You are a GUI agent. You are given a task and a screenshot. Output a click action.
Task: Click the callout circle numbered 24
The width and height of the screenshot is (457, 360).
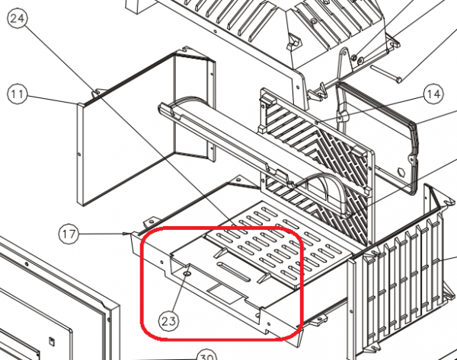17,18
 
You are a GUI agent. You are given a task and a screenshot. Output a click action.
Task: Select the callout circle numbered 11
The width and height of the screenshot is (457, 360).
17,94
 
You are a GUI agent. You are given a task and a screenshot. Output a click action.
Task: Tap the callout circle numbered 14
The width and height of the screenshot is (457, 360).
433,94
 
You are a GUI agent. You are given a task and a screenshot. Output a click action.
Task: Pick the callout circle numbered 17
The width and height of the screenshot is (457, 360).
69,234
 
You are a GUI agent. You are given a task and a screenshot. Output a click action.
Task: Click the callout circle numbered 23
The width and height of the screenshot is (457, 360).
168,321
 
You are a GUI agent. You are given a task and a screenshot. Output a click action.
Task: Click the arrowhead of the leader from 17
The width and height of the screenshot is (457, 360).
127,234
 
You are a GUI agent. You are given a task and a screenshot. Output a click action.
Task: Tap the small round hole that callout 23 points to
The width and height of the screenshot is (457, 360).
187,274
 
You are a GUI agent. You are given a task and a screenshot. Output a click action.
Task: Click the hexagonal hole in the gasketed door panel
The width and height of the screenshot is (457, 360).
401,172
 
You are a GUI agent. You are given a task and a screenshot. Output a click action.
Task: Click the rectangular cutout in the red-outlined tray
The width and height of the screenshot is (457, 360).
225,293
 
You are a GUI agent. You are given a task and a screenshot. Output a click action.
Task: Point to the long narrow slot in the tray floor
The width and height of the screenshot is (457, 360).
234,272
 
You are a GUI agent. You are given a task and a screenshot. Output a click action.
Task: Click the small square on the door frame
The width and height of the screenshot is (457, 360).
51,340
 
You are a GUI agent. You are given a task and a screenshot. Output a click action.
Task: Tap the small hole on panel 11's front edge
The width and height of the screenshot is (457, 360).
80,154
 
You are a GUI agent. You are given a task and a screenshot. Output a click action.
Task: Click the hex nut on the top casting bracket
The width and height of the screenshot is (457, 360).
354,56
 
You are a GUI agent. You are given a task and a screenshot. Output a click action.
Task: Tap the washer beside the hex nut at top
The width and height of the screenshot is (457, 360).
361,60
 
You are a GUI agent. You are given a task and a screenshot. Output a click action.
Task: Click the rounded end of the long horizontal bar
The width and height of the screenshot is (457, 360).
161,109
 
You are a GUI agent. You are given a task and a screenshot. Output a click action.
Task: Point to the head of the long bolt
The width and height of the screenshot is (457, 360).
399,78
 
